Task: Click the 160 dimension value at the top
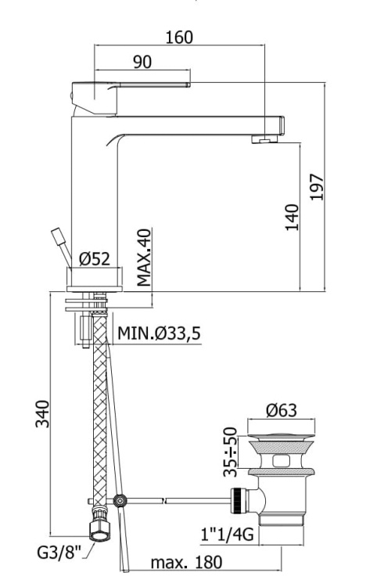click(x=180, y=37)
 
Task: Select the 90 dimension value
click(x=142, y=62)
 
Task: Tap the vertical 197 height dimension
click(x=317, y=186)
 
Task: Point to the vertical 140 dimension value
click(x=292, y=217)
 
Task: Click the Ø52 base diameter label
click(x=95, y=259)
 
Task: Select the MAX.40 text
click(x=143, y=257)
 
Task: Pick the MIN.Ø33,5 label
click(x=159, y=333)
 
